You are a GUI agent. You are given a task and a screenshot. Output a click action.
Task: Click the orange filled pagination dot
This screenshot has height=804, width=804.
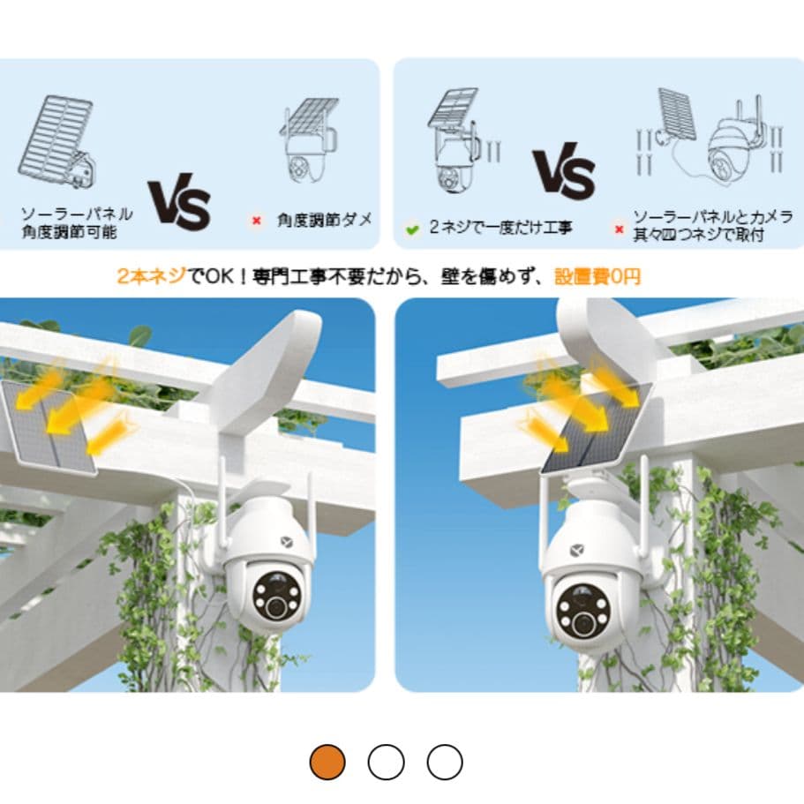tap(327, 762)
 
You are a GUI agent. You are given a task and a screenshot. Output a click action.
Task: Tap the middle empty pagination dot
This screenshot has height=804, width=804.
tap(386, 762)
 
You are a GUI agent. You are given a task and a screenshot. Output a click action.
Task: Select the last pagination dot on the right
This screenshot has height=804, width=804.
tap(445, 762)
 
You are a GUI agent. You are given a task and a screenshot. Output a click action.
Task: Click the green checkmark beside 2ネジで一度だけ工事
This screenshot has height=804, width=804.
tap(411, 229)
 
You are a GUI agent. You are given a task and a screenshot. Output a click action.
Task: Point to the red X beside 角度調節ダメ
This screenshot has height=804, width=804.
tap(257, 221)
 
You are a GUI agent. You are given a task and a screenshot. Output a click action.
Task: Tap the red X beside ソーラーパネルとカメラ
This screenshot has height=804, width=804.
tap(620, 229)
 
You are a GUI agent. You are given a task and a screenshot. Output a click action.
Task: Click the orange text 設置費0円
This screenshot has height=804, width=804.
tap(597, 276)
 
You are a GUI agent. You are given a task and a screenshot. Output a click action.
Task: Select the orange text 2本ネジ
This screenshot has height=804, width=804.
tap(151, 276)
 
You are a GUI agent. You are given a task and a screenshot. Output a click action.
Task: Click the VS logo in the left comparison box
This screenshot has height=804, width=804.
tap(179, 204)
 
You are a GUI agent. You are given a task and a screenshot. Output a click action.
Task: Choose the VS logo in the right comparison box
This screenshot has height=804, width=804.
tap(563, 169)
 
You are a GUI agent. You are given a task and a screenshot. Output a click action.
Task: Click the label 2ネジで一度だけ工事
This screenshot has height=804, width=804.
tap(500, 228)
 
